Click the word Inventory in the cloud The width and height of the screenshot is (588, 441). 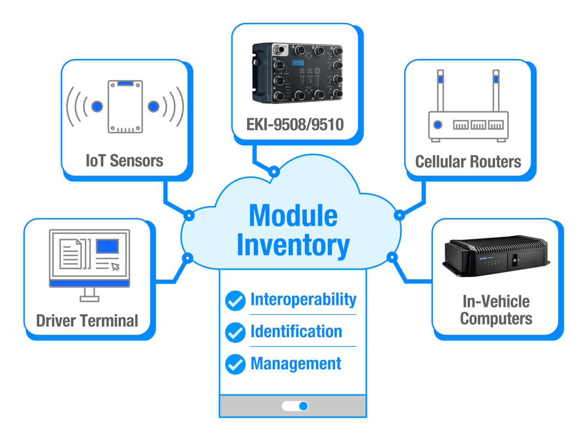(293, 246)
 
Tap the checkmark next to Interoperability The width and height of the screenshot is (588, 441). (235, 300)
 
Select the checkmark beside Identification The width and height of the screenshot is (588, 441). (235, 332)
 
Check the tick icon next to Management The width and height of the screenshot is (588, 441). (235, 364)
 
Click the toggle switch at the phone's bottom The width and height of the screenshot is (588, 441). (295, 406)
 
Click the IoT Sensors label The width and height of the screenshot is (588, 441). (124, 160)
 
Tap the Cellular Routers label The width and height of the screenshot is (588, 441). (468, 161)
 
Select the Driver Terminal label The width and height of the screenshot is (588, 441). (87, 320)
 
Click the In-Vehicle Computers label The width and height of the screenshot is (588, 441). (496, 310)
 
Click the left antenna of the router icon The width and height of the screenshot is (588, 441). (441, 91)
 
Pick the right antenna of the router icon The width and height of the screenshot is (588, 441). (496, 91)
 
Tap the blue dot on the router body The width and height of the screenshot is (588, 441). (438, 125)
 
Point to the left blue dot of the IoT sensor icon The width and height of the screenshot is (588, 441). (97, 106)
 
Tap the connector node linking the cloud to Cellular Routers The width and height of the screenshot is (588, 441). (399, 215)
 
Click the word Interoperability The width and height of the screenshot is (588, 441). (303, 299)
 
